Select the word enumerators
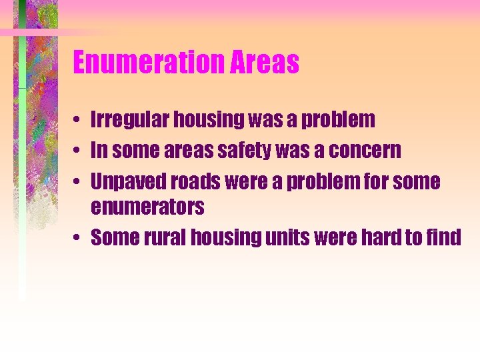click(x=147, y=207)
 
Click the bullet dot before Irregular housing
click(x=78, y=121)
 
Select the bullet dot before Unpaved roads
click(x=78, y=181)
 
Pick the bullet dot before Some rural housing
click(x=78, y=238)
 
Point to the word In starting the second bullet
click(x=98, y=151)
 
